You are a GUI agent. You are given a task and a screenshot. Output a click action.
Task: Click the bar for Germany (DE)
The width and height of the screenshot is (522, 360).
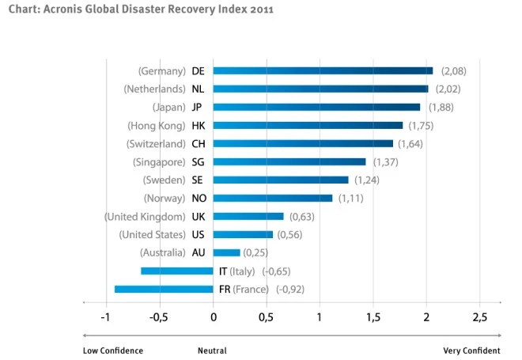[323, 70]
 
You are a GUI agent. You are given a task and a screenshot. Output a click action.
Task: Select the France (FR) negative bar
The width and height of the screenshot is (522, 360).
[164, 289]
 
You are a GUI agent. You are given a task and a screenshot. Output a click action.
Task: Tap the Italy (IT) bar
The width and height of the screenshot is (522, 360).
[177, 271]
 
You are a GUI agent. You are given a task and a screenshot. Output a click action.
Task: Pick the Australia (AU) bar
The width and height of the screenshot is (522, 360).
[226, 252]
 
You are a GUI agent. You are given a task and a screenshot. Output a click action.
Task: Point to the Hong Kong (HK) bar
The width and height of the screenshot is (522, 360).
[308, 125]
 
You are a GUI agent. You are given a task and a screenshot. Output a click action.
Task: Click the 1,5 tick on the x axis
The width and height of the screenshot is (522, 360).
[373, 317]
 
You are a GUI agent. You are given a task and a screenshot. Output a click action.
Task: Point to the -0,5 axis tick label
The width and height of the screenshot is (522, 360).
[159, 317]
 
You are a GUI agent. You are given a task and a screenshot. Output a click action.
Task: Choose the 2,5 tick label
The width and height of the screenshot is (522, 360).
[479, 317]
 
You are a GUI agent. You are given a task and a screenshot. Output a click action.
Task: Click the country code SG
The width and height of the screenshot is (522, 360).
[198, 161]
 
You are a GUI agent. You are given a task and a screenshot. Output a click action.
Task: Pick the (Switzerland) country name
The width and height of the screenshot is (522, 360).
[156, 143]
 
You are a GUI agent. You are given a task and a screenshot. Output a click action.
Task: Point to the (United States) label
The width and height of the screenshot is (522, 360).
[152, 234]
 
